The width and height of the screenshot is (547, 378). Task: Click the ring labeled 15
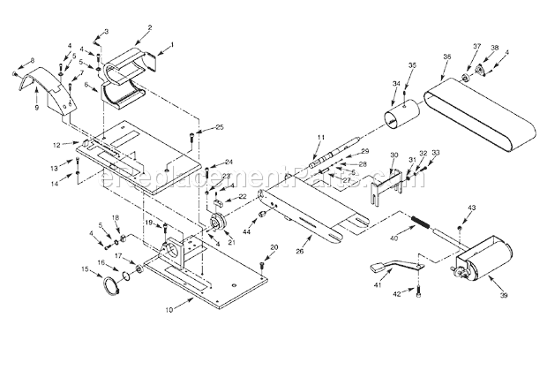click(x=111, y=284)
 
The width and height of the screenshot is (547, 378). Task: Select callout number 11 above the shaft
click(x=322, y=136)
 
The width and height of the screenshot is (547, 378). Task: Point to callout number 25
click(x=220, y=127)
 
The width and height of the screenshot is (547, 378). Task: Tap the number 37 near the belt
click(x=476, y=47)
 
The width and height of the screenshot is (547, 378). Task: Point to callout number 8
click(x=32, y=60)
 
